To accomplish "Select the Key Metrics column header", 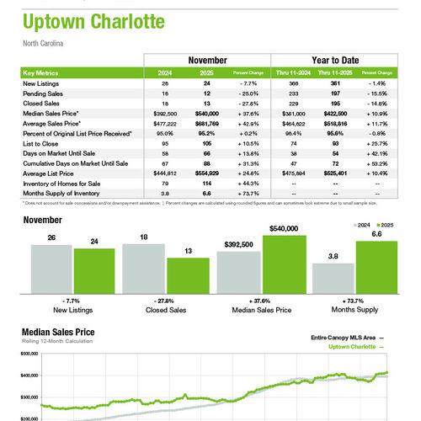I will click(x=43, y=72).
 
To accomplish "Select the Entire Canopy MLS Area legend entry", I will click(x=341, y=338).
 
